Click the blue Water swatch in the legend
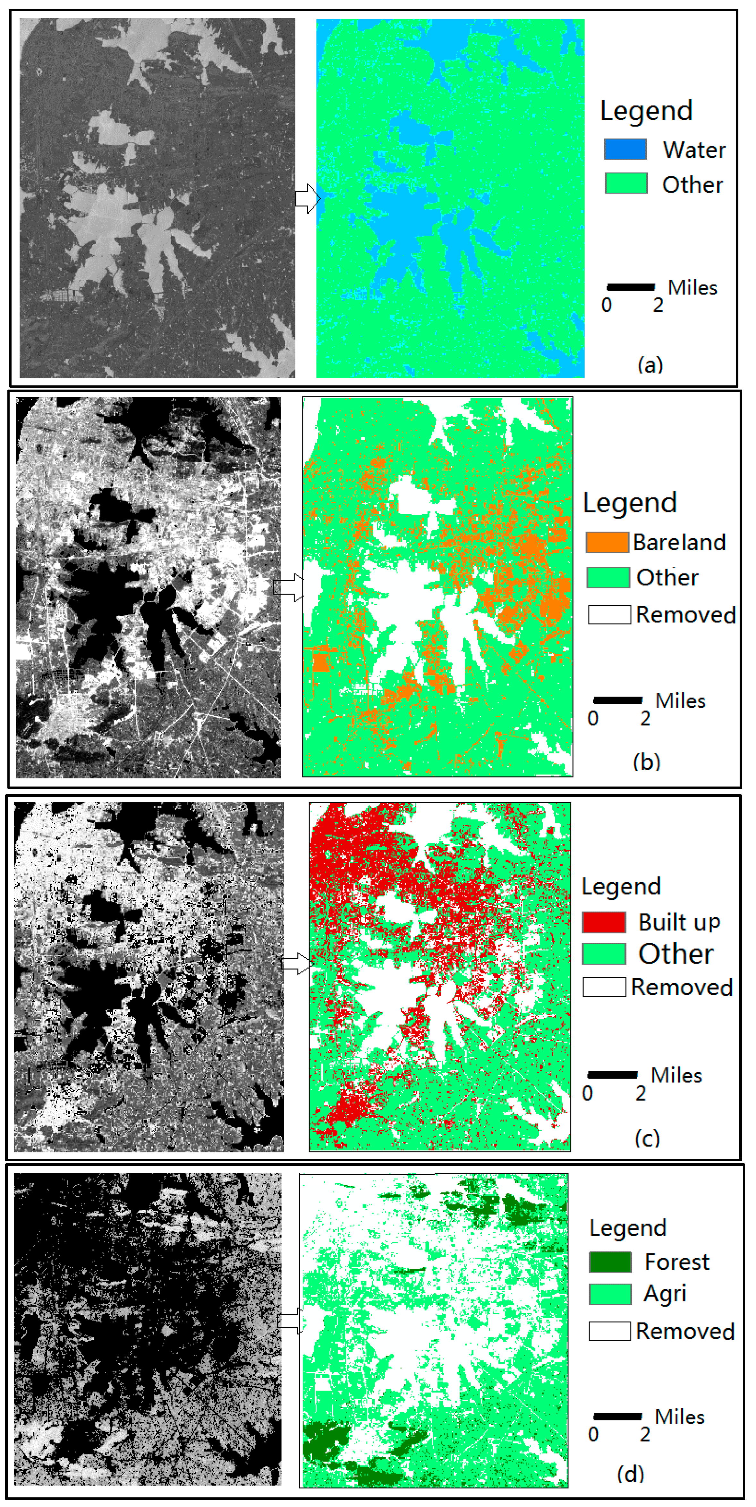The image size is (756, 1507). [625, 149]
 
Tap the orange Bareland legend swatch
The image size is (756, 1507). [607, 542]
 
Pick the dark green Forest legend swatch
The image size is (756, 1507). [610, 1262]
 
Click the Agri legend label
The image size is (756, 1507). [665, 1293]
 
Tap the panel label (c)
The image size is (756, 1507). [647, 1137]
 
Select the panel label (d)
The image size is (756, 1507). [631, 1473]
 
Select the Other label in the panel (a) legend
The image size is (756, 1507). [692, 184]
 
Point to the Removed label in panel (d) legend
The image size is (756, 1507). [684, 1331]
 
